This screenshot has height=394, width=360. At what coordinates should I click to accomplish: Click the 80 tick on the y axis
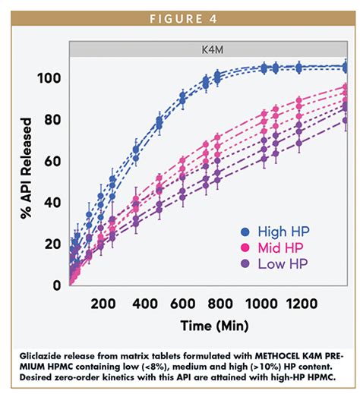(52, 120)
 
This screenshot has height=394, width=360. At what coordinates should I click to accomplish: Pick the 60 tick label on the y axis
(52, 162)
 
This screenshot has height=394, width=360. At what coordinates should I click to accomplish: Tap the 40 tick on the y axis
(52, 203)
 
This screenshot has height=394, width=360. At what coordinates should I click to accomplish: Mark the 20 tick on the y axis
(52, 244)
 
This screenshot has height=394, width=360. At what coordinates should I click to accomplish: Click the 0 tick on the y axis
(56, 285)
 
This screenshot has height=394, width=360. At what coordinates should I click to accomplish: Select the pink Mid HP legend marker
(245, 247)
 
